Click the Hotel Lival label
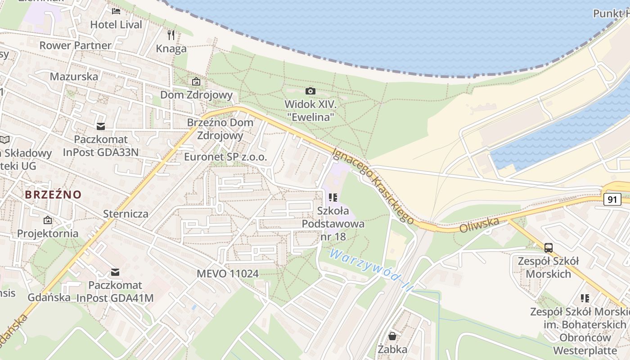pyautogui.click(x=116, y=24)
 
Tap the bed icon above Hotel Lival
pyautogui.click(x=116, y=11)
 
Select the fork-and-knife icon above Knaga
pyautogui.click(x=171, y=35)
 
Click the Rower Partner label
pyautogui.click(x=75, y=45)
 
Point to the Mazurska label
pyautogui.click(x=74, y=76)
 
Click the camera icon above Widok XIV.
pyautogui.click(x=310, y=91)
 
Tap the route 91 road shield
pyautogui.click(x=612, y=199)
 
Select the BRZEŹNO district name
pyautogui.click(x=53, y=195)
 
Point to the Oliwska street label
pyautogui.click(x=480, y=225)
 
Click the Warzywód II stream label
pyautogui.click(x=370, y=270)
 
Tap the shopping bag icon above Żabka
pyautogui.click(x=392, y=336)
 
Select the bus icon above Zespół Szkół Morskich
pyautogui.click(x=549, y=247)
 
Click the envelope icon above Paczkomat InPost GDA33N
pyautogui.click(x=100, y=126)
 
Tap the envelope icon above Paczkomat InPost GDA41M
pyautogui.click(x=115, y=272)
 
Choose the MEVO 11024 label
pyautogui.click(x=228, y=274)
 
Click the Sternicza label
pyautogui.click(x=126, y=214)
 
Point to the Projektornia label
pyautogui.click(x=48, y=234)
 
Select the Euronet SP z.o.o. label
pyautogui.click(x=225, y=157)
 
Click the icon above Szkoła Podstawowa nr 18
pyautogui.click(x=333, y=197)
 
